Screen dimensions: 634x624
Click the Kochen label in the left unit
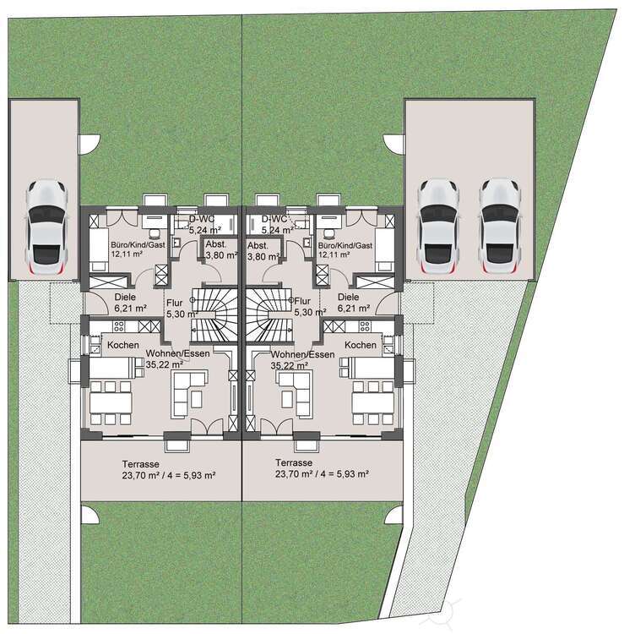[x=122, y=345]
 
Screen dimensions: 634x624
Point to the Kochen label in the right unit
[x=361, y=345]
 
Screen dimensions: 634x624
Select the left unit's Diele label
[x=124, y=298]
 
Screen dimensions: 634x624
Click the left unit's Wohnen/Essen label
[x=178, y=354]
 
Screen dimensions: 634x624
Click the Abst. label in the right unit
[x=258, y=244]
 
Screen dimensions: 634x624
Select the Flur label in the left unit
[x=174, y=300]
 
